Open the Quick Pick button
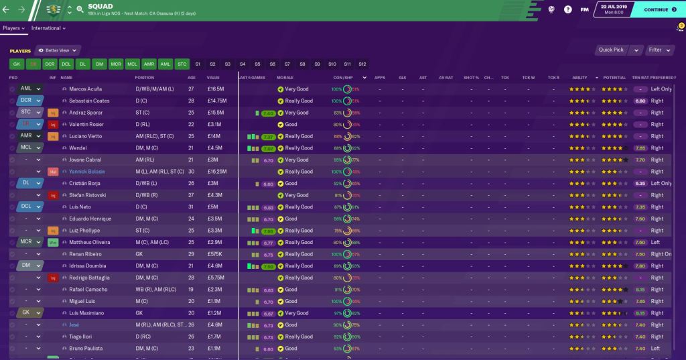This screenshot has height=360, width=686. pos(611,50)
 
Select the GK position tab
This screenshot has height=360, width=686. pos(17,64)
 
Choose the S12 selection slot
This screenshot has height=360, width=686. pos(362,64)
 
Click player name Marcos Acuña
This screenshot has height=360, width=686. pos(84,89)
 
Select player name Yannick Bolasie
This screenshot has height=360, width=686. pos(88,172)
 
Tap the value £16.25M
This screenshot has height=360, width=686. pos(218,172)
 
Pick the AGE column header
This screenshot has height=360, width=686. pos(192,78)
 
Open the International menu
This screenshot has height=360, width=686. pos(48,29)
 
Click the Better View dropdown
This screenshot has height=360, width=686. pos(58,50)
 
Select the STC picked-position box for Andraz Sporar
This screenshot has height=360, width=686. pos(27,113)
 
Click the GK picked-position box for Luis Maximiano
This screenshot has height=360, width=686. pos(27,313)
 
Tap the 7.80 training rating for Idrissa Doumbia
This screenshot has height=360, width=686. pos(640,266)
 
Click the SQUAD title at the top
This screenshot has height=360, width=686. pos(100,7)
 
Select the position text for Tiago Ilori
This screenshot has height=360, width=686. pos(141,337)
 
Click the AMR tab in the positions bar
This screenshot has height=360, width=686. pos(148,64)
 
